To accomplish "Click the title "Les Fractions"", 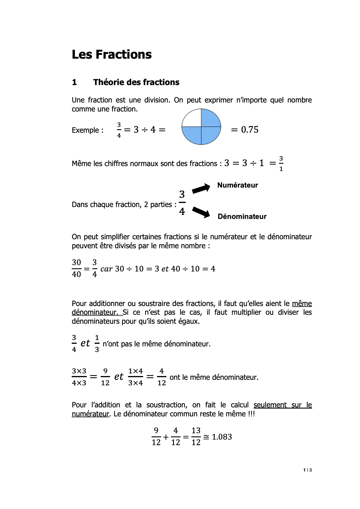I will pyautogui.click(x=111, y=55).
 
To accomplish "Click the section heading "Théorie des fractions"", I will pyautogui.click(x=136, y=82).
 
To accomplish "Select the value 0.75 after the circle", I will pyautogui.click(x=249, y=130).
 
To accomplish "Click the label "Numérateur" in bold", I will pyautogui.click(x=237, y=185).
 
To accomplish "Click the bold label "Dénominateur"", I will pyautogui.click(x=242, y=217).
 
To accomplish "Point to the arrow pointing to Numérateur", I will pyautogui.click(x=201, y=188).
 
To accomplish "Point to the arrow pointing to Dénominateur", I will pyautogui.click(x=201, y=212).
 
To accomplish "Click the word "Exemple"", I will pyautogui.click(x=86, y=130).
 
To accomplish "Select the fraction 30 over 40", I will pyautogui.click(x=76, y=269).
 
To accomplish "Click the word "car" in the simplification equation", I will pyautogui.click(x=106, y=269).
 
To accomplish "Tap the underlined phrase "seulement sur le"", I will pyautogui.click(x=282, y=405).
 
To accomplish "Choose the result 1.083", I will pyautogui.click(x=222, y=437).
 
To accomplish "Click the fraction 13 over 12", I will pyautogui.click(x=196, y=437).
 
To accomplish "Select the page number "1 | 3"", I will pyautogui.click(x=307, y=470).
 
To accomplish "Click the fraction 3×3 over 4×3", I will pyautogui.click(x=79, y=377).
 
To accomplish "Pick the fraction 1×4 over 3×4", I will pyautogui.click(x=136, y=377).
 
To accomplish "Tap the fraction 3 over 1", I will pyautogui.click(x=281, y=164).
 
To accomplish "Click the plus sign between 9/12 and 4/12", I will pyautogui.click(x=166, y=437).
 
